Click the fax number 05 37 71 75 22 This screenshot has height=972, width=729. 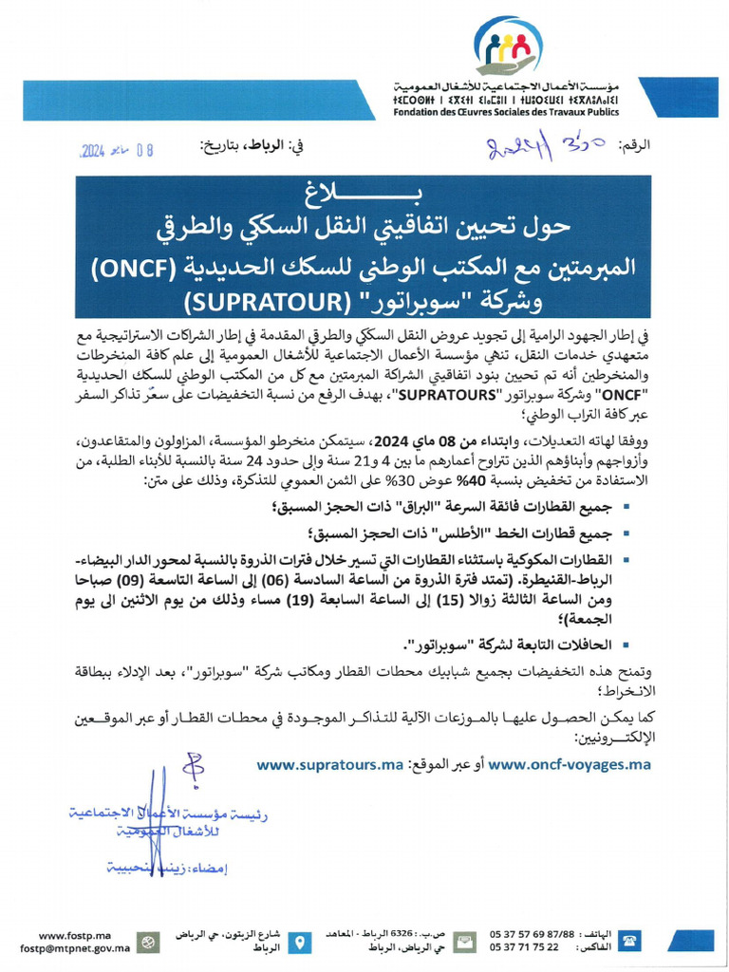tap(524, 947)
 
